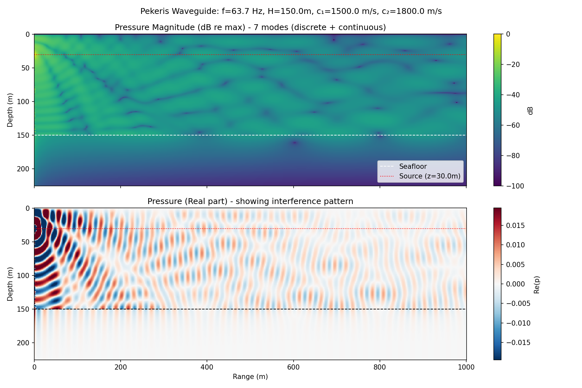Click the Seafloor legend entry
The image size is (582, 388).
[413, 167]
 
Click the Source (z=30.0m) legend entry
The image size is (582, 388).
[429, 176]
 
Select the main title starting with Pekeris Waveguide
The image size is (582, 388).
[291, 11]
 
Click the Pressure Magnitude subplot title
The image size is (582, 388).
[250, 27]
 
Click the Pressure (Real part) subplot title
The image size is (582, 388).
[250, 201]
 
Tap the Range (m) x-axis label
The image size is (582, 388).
[250, 377]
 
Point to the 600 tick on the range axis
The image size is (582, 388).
[293, 367]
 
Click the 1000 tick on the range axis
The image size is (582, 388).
[466, 367]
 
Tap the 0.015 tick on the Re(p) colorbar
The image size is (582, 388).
[515, 225]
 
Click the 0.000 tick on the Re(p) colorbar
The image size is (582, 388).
[515, 284]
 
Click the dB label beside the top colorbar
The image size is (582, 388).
[530, 110]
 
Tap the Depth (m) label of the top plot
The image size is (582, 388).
[10, 110]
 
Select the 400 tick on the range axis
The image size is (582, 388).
[207, 367]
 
